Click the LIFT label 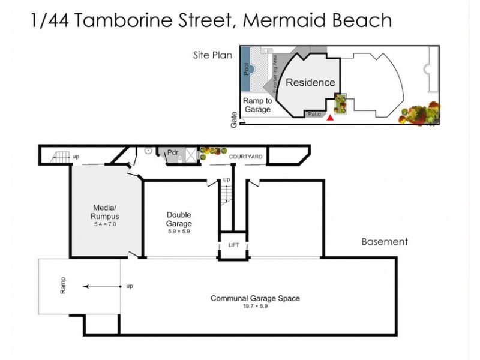[233, 245]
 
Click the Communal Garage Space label [254, 298]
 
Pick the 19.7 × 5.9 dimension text [254, 306]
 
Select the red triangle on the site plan [329, 118]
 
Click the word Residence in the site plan [310, 82]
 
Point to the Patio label [314, 113]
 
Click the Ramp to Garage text [257, 106]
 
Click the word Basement [384, 242]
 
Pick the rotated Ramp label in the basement [62, 286]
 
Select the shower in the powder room [190, 155]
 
